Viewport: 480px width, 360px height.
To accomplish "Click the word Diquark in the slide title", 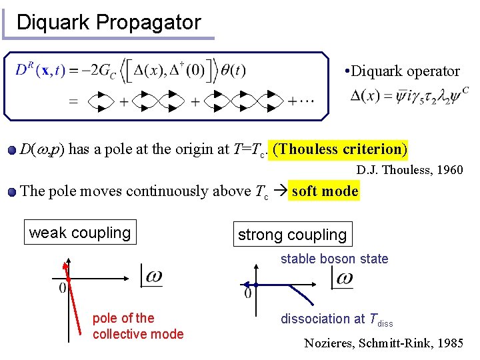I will point(53,22).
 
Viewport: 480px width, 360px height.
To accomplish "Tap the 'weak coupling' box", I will point(80,233).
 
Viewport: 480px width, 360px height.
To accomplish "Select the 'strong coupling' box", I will point(292,235).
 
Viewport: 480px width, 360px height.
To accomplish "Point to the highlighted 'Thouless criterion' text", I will point(340,149).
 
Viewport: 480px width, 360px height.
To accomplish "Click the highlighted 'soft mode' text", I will point(325,191).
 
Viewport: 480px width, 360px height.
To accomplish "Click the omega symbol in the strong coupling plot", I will point(343,278).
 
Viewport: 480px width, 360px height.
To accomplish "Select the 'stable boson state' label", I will point(334,259).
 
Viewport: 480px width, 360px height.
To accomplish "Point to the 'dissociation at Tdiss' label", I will point(337,319).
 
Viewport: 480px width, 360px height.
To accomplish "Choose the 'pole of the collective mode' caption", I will point(137,326).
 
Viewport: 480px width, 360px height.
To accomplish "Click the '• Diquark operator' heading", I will point(402,71).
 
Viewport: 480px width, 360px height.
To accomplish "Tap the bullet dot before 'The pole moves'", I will point(13,192).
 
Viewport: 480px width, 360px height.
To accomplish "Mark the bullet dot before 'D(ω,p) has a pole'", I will point(13,150).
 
